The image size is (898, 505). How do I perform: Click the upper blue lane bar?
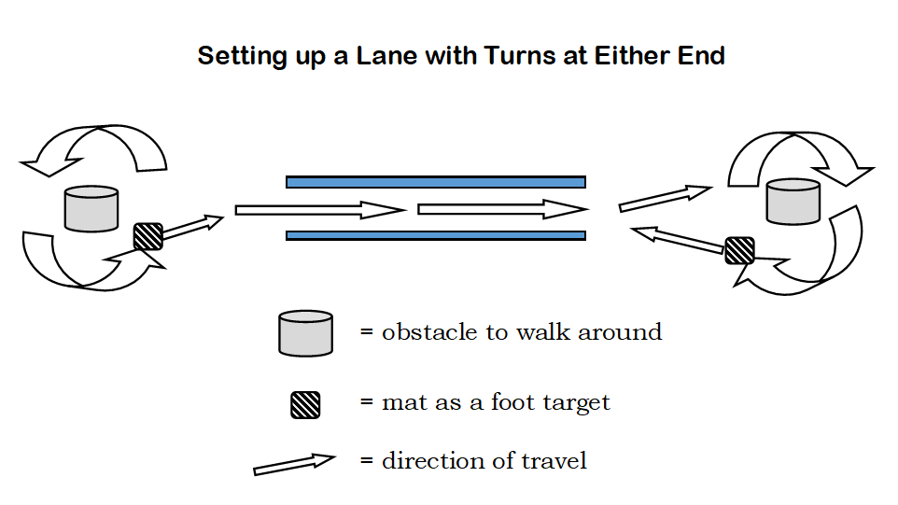[435, 182]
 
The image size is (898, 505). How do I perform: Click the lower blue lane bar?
[435, 235]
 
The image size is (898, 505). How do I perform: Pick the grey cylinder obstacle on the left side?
[91, 209]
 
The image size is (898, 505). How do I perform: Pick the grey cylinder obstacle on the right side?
[793, 202]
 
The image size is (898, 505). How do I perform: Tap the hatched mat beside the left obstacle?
[147, 236]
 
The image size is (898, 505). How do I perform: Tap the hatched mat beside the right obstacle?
[739, 250]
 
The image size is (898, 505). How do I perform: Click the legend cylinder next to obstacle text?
[305, 332]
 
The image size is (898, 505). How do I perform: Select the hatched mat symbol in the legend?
[305, 404]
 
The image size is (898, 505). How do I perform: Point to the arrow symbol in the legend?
[294, 464]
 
